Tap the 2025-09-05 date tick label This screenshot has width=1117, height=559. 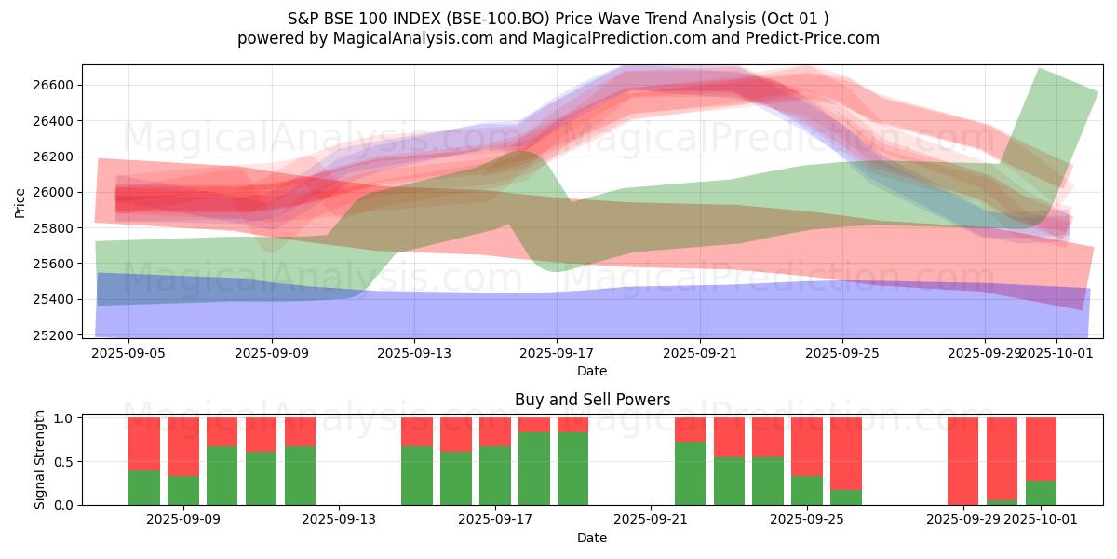128,354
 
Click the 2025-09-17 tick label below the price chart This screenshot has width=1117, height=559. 557,354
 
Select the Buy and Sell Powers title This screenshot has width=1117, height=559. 592,401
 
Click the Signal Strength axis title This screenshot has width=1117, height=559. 41,460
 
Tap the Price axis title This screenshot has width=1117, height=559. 20,201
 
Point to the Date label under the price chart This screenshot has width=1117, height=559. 592,371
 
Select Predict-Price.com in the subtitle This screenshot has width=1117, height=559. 819,38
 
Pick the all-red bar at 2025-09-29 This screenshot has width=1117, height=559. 963,461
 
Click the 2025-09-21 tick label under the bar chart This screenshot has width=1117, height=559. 651,520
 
